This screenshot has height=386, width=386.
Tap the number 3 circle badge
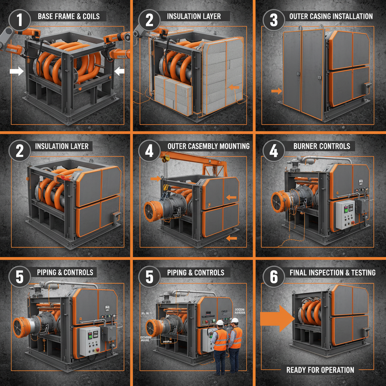click(x=274, y=19)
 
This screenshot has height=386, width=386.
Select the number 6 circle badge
click(x=274, y=277)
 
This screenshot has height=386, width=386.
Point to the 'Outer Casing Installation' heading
click(x=331, y=16)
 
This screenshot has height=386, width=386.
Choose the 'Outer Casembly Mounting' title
click(x=208, y=146)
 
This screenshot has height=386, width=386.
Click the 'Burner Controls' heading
click(x=322, y=146)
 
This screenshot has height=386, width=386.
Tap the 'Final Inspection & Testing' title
click(x=332, y=272)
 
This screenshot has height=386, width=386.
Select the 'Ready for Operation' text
click(x=320, y=370)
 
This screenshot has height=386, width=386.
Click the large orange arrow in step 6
click(x=277, y=318)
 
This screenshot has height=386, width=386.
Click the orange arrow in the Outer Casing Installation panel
click(x=276, y=91)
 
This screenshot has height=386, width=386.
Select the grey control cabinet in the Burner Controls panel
click(x=345, y=214)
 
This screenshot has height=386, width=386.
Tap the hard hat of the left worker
click(x=220, y=323)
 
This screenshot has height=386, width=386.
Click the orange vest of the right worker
click(x=236, y=337)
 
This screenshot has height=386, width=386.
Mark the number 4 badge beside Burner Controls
click(x=274, y=150)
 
